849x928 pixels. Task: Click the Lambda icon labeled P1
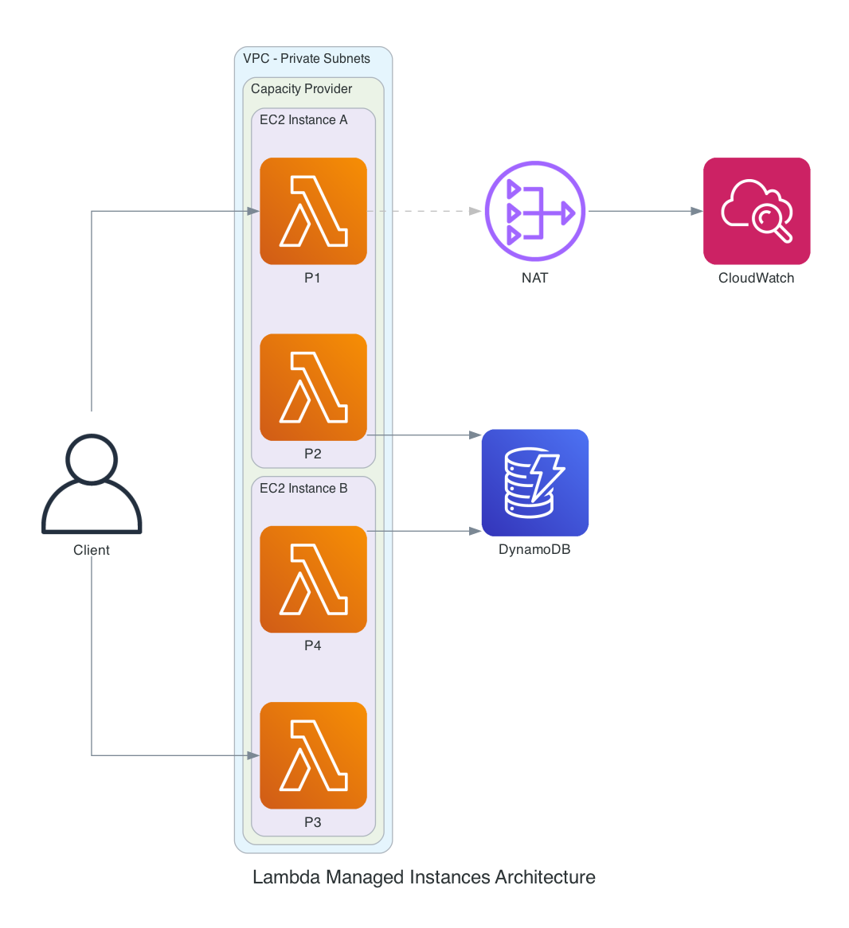click(x=313, y=211)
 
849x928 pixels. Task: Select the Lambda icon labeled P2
click(x=313, y=387)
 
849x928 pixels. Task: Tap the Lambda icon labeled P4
click(x=313, y=579)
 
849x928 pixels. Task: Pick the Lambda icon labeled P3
click(x=313, y=755)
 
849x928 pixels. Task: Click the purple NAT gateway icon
click(x=535, y=211)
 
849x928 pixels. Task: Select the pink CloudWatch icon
click(x=757, y=211)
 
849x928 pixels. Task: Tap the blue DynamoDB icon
click(x=535, y=483)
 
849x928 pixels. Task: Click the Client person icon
click(x=92, y=484)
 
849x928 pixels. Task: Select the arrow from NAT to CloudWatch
click(x=644, y=211)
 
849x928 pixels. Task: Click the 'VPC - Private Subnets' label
click(x=307, y=59)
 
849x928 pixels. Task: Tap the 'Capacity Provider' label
click(x=301, y=89)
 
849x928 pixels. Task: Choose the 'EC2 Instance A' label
click(x=303, y=120)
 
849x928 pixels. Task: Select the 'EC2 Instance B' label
click(x=303, y=489)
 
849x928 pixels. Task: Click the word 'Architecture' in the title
click(x=545, y=877)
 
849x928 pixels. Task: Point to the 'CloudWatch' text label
click(x=756, y=278)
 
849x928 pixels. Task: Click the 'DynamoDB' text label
click(x=534, y=550)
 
